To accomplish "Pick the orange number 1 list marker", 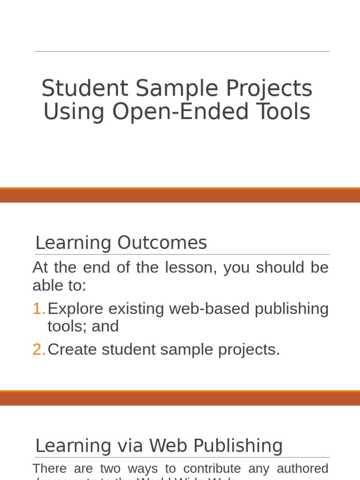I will coord(38,309).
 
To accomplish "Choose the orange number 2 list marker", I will coord(38,349).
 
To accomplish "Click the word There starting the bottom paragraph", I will coord(50,468).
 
